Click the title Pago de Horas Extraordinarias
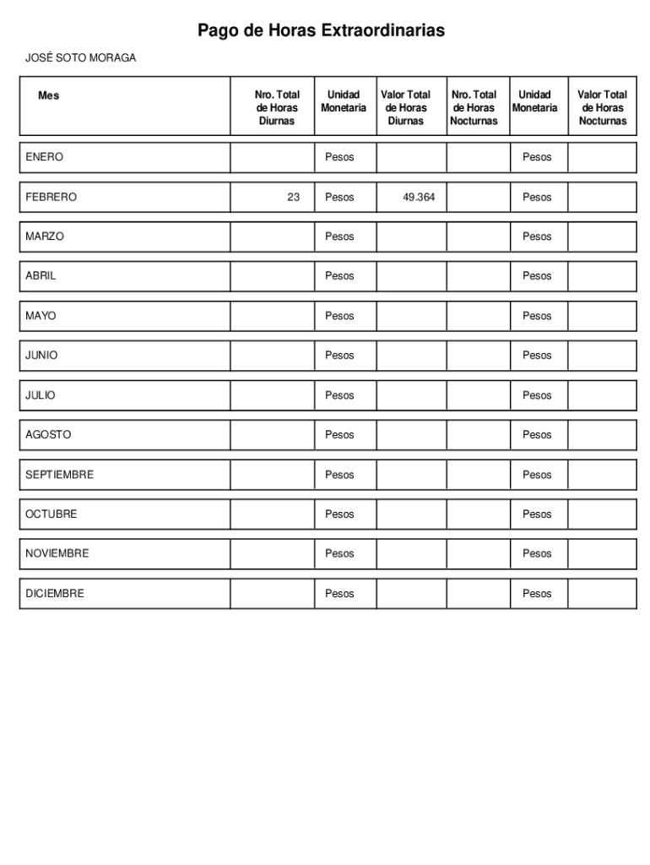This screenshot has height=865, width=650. click(321, 31)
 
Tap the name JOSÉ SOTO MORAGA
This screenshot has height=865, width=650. click(80, 58)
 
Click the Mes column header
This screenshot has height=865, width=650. click(49, 95)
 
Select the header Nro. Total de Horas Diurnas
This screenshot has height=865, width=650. click(277, 108)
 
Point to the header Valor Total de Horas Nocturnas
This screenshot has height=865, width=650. click(602, 108)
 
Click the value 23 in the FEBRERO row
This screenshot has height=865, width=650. click(293, 197)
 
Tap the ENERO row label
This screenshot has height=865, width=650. click(44, 157)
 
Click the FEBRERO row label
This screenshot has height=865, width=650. click(51, 197)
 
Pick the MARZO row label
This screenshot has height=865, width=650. click(44, 237)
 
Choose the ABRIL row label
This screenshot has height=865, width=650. click(41, 276)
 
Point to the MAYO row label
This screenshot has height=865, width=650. click(41, 316)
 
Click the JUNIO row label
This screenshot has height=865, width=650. click(41, 356)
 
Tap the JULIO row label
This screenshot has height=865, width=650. click(41, 395)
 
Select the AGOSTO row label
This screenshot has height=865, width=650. click(48, 435)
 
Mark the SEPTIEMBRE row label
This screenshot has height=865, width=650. click(59, 475)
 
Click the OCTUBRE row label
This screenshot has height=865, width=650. click(51, 514)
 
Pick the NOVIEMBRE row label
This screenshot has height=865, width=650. click(57, 553)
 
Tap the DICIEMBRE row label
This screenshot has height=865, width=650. click(55, 594)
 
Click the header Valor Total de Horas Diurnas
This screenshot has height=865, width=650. click(405, 108)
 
